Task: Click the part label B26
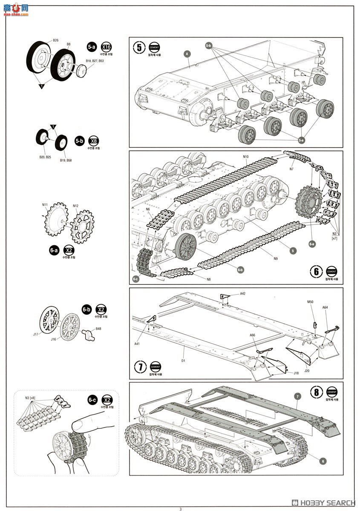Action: pyautogui.click(x=56, y=40)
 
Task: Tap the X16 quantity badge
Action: pyautogui.click(x=107, y=47)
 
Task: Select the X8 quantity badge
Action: pyautogui.click(x=93, y=141)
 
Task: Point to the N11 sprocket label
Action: pyautogui.click(x=45, y=205)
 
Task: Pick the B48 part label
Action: pyautogui.click(x=98, y=329)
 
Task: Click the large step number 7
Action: pyautogui.click(x=140, y=367)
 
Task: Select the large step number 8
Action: pyautogui.click(x=316, y=392)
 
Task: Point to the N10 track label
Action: pyautogui.click(x=246, y=157)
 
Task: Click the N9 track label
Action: pyautogui.click(x=276, y=258)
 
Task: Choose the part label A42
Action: pyautogui.click(x=242, y=294)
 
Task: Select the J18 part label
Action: pyautogui.click(x=296, y=373)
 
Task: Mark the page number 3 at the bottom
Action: pyautogui.click(x=180, y=508)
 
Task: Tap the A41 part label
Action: pyautogui.click(x=137, y=344)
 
